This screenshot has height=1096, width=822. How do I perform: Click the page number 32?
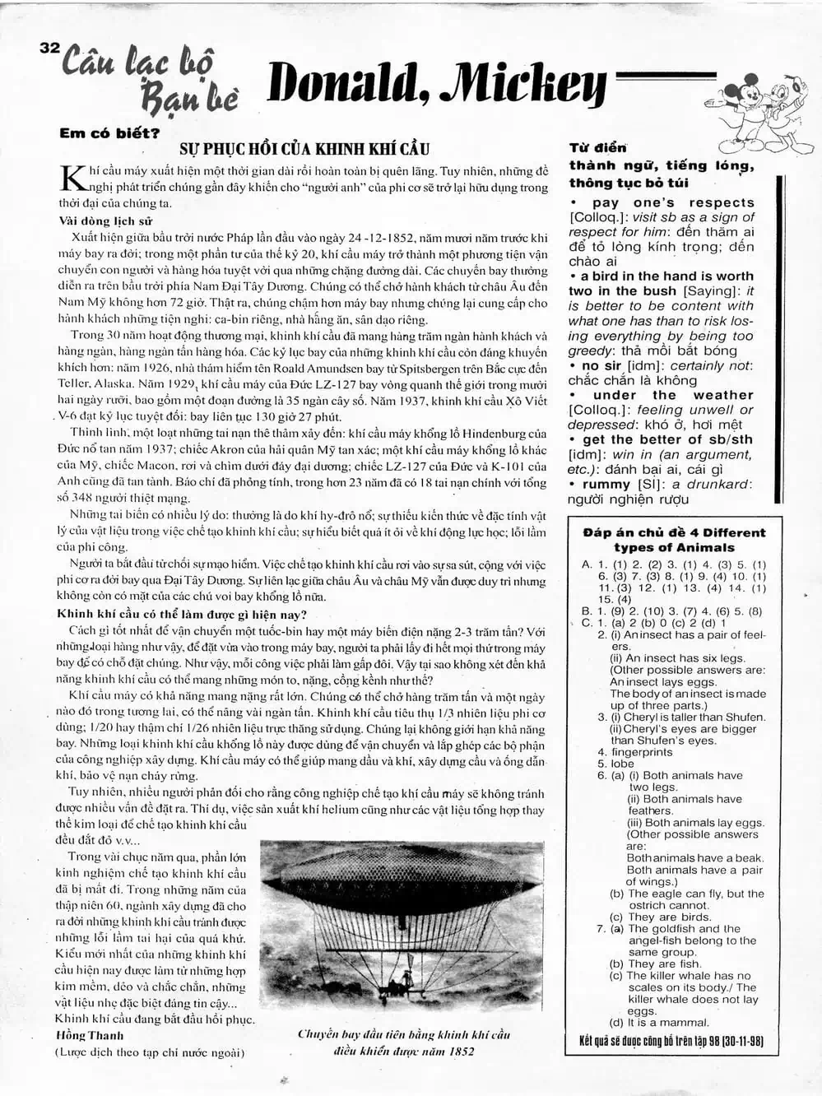pyautogui.click(x=49, y=49)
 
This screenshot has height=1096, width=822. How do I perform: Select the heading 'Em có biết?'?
pyautogui.click(x=109, y=133)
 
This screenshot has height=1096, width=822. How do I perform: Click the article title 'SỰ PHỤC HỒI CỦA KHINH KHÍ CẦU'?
pyautogui.click(x=304, y=150)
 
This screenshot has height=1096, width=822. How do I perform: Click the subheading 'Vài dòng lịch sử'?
pyautogui.click(x=105, y=221)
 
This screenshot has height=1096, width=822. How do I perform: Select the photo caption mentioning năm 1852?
pyautogui.click(x=403, y=1043)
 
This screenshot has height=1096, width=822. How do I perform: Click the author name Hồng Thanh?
pyautogui.click(x=90, y=1036)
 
